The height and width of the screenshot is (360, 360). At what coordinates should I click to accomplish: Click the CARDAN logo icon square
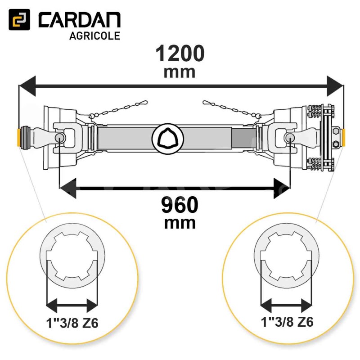point(19,19)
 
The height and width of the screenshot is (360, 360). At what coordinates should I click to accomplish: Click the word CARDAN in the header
point(80,20)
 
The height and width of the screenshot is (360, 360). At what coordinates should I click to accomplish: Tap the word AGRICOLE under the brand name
point(94,36)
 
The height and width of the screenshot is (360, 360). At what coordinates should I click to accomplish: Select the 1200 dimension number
point(180,53)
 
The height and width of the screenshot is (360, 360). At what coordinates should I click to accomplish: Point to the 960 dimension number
point(180,205)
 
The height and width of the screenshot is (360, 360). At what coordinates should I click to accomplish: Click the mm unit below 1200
point(179,72)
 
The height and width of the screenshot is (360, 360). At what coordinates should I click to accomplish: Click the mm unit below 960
point(180,223)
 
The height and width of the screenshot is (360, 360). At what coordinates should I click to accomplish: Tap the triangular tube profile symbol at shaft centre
point(168,138)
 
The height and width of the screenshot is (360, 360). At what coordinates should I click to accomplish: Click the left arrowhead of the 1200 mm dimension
point(27,86)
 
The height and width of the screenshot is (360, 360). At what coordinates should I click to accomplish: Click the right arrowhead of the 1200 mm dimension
point(335,86)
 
